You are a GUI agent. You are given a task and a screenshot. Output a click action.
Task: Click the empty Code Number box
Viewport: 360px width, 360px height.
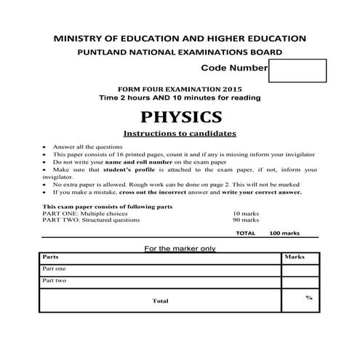pyautogui.click(x=297, y=71)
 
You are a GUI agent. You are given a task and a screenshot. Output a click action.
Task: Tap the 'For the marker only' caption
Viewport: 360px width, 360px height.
pyautogui.click(x=180, y=248)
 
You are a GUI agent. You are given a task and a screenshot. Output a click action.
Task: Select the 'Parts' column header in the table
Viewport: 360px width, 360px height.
pyautogui.click(x=50, y=257)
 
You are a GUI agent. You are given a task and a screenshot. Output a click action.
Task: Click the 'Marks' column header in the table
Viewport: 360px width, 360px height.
pyautogui.click(x=294, y=257)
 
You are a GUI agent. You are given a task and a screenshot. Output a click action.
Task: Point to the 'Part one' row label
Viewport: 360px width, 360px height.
pyautogui.click(x=54, y=269)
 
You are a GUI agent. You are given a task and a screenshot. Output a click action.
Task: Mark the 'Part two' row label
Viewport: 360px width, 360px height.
pyautogui.click(x=54, y=281)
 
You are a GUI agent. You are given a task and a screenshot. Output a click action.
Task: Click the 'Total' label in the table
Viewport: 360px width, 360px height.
pyautogui.click(x=160, y=300)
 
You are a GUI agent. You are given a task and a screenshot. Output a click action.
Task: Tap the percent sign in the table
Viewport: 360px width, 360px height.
pyautogui.click(x=308, y=297)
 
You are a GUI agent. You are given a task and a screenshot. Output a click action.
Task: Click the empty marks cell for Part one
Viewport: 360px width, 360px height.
pyautogui.click(x=299, y=269)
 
